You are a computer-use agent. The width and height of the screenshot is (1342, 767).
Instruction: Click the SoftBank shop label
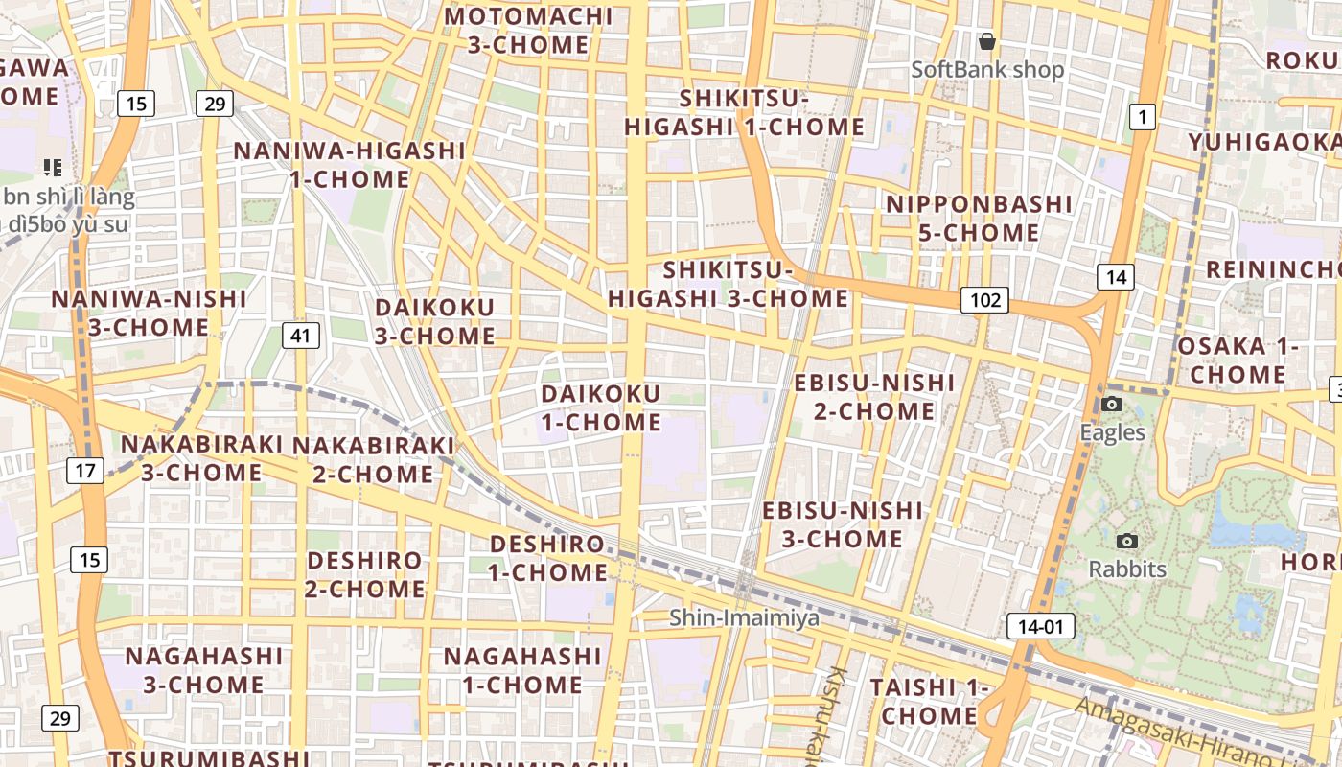coord(987,70)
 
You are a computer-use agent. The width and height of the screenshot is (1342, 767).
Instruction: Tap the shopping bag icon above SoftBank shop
coord(987,41)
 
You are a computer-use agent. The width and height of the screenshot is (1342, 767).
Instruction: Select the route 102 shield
coord(985,300)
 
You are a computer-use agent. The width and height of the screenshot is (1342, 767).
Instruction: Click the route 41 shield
coord(301,335)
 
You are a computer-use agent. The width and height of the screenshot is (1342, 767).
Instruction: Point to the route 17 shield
coord(85,471)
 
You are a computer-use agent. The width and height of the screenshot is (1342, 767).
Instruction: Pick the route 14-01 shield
coord(1040,627)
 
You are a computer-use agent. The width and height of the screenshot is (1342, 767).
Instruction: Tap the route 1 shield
coord(1142,117)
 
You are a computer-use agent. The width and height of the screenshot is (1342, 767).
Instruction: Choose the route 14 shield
coord(1116,277)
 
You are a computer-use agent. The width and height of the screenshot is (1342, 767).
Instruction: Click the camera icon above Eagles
coord(1112,404)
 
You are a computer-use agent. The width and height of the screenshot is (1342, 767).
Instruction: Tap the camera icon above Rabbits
coord(1127,541)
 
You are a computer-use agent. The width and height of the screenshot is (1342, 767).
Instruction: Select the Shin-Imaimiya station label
coord(745,618)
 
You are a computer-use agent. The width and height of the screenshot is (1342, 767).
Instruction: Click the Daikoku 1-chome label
coord(601,407)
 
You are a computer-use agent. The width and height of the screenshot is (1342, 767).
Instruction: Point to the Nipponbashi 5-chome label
coord(979,219)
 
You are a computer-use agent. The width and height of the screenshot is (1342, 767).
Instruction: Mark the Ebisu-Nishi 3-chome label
coord(843,524)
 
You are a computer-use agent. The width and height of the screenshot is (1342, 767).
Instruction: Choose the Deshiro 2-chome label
coord(364,574)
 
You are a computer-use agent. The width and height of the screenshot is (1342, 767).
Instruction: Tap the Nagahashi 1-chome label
coord(522,670)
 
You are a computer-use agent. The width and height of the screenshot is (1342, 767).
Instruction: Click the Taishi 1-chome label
coord(929,701)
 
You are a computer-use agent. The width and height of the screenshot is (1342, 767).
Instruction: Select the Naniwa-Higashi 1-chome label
coord(350,165)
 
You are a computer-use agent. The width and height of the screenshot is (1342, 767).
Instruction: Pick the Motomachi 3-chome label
coord(528,31)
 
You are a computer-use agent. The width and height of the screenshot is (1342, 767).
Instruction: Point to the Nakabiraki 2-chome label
coord(373,459)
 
